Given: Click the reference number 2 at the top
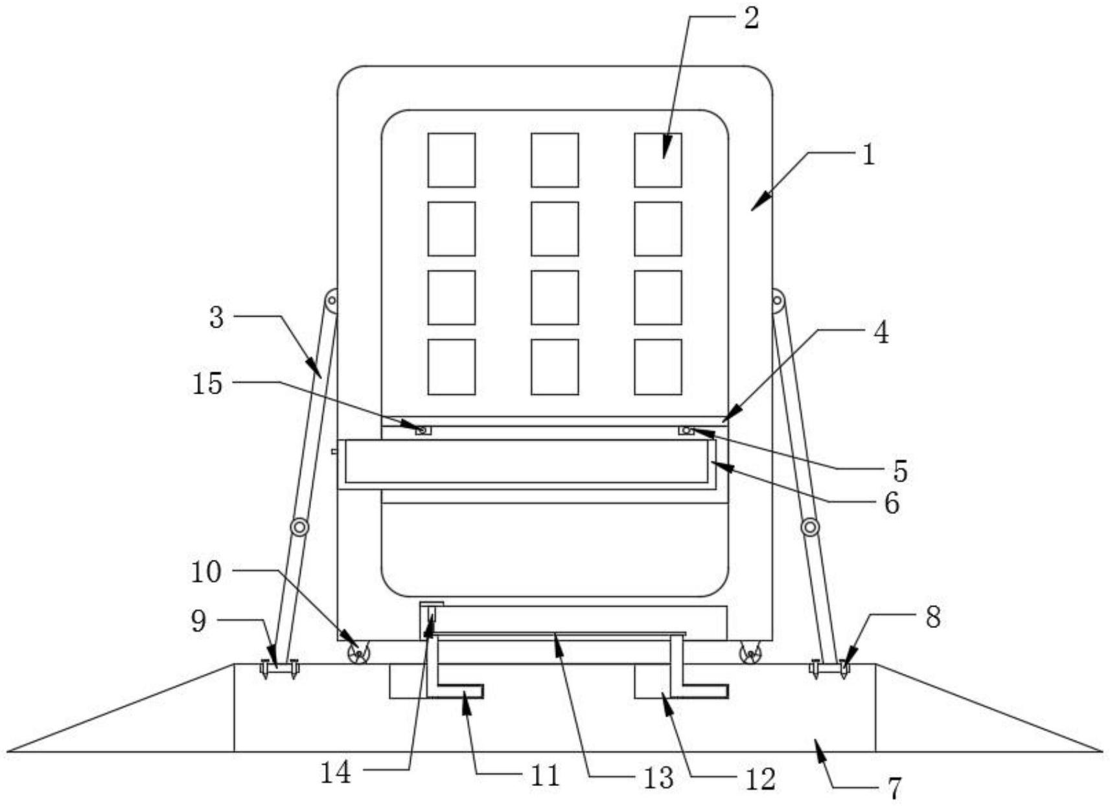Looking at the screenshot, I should click(750, 17).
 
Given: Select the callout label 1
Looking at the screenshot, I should click(868, 155).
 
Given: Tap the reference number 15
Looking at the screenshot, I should click(207, 383).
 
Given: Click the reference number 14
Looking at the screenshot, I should click(336, 772).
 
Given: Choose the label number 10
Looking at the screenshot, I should click(206, 572).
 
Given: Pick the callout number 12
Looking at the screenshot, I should click(760, 779).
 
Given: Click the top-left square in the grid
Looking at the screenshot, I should click(451, 160).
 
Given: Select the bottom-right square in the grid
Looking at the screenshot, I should click(658, 366).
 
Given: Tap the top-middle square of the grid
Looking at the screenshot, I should click(555, 160).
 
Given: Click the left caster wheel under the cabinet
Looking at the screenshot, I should click(358, 654).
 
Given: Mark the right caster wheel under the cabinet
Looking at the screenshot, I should click(750, 654).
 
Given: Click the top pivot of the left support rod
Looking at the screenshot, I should click(332, 300).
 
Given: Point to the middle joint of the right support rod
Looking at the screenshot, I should click(809, 527).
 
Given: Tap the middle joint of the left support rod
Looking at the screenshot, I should click(299, 527).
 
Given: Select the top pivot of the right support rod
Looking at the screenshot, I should click(778, 300).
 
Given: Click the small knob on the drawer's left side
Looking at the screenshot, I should click(334, 451).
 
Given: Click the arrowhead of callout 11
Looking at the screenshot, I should click(464, 699).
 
